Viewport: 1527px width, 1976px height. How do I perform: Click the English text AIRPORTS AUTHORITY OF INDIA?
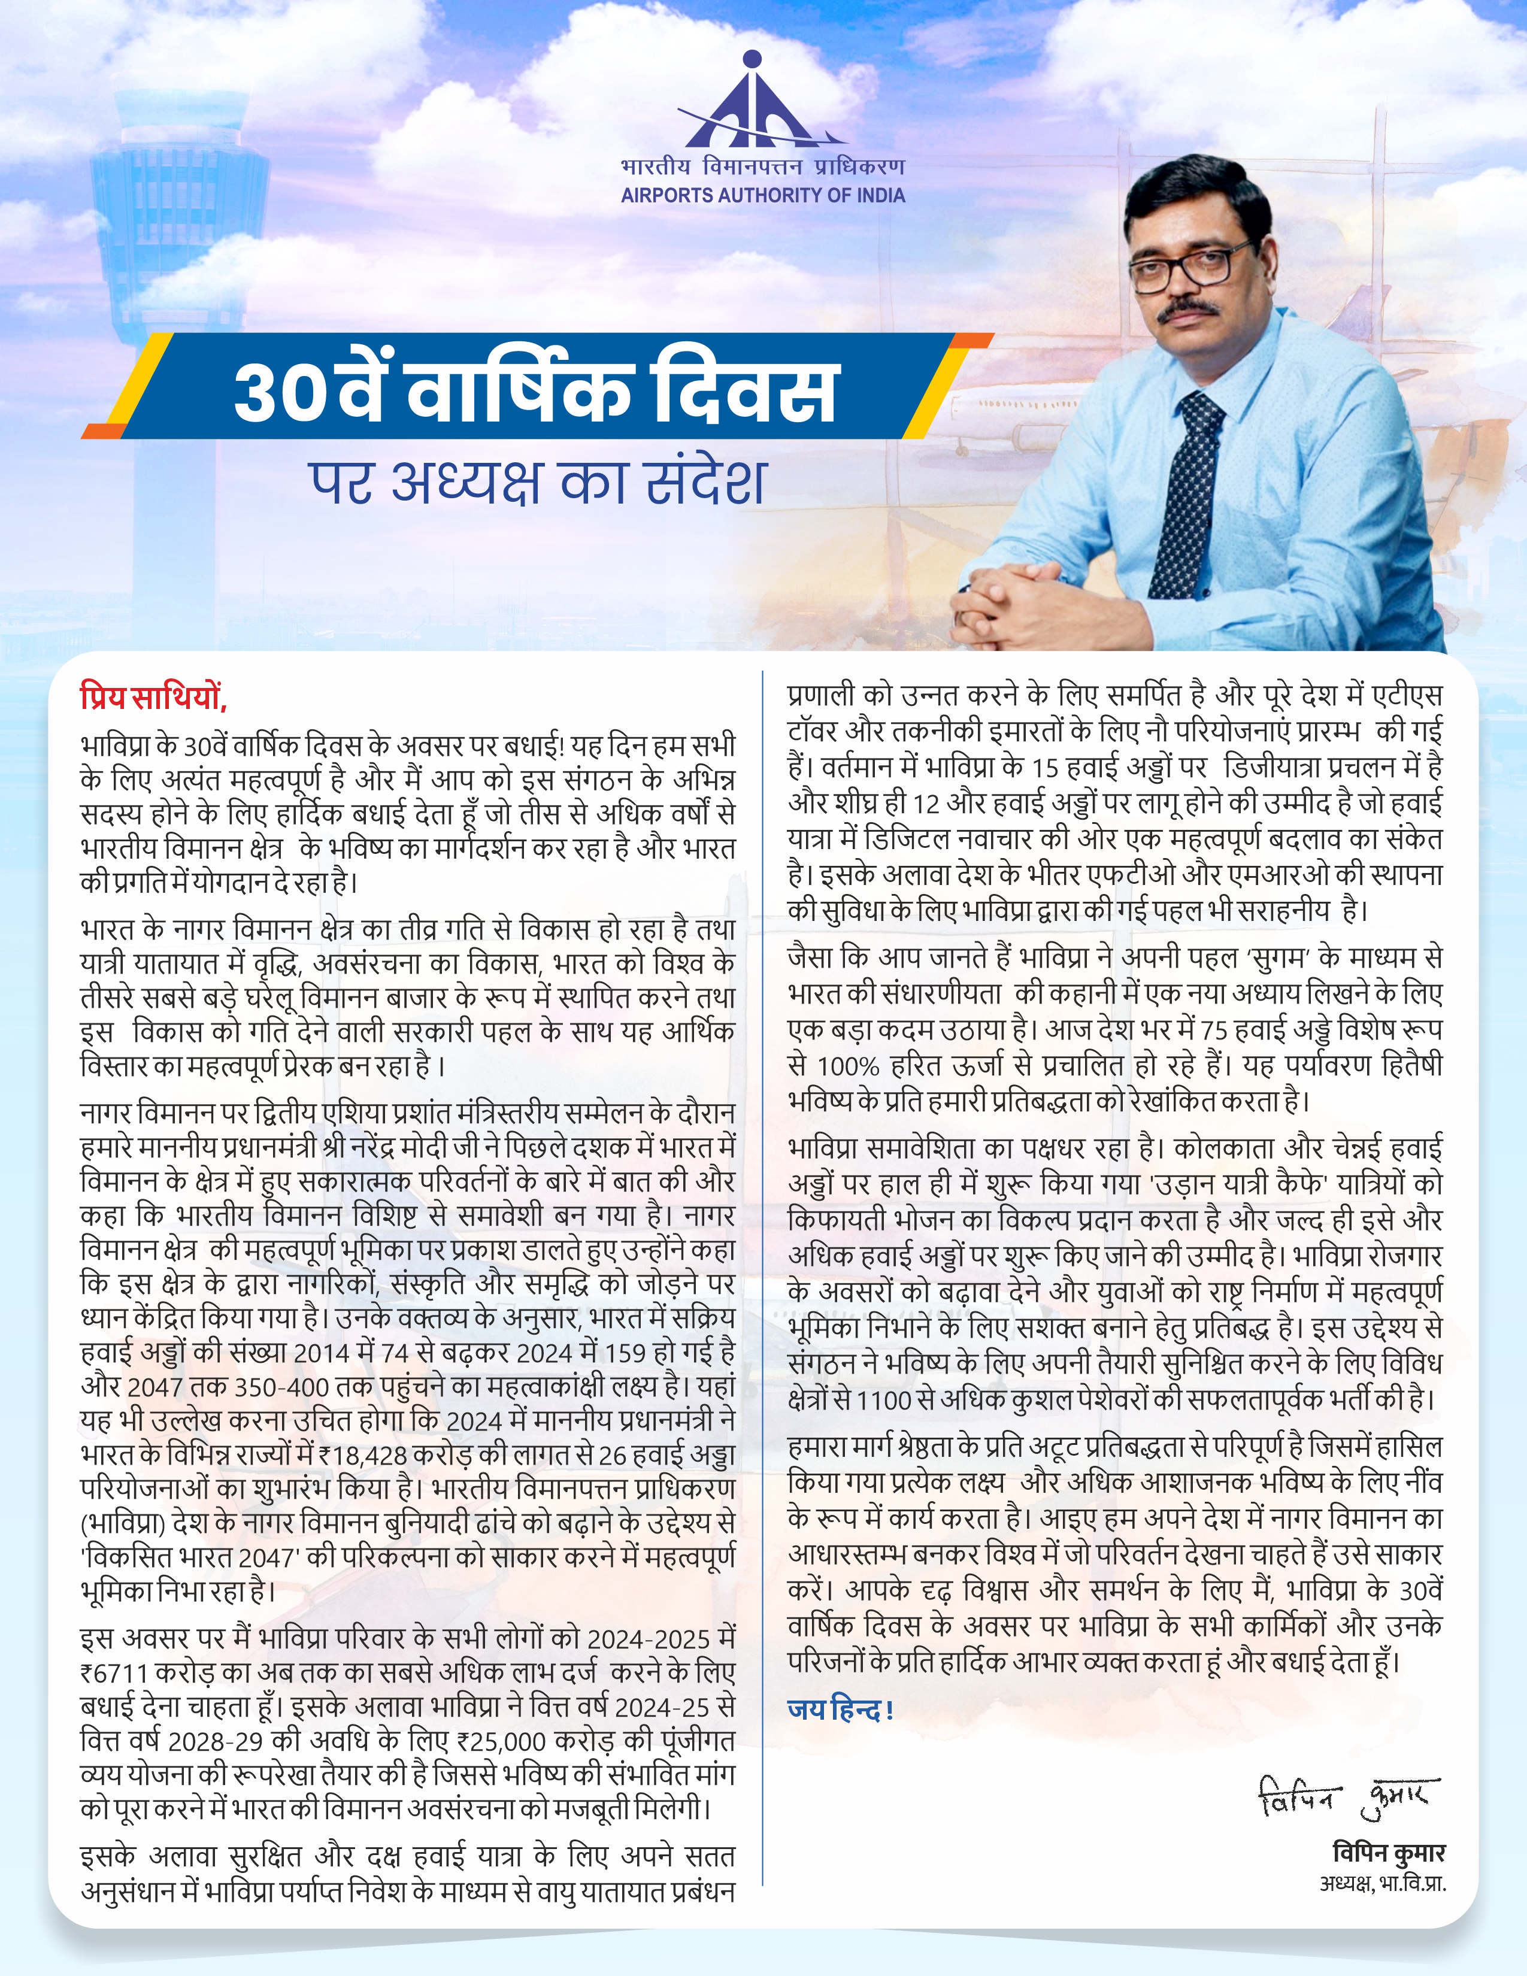762,195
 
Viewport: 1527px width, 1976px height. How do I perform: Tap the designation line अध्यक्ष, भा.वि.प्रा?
1381,1884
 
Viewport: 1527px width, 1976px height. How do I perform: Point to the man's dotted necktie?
1185,489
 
